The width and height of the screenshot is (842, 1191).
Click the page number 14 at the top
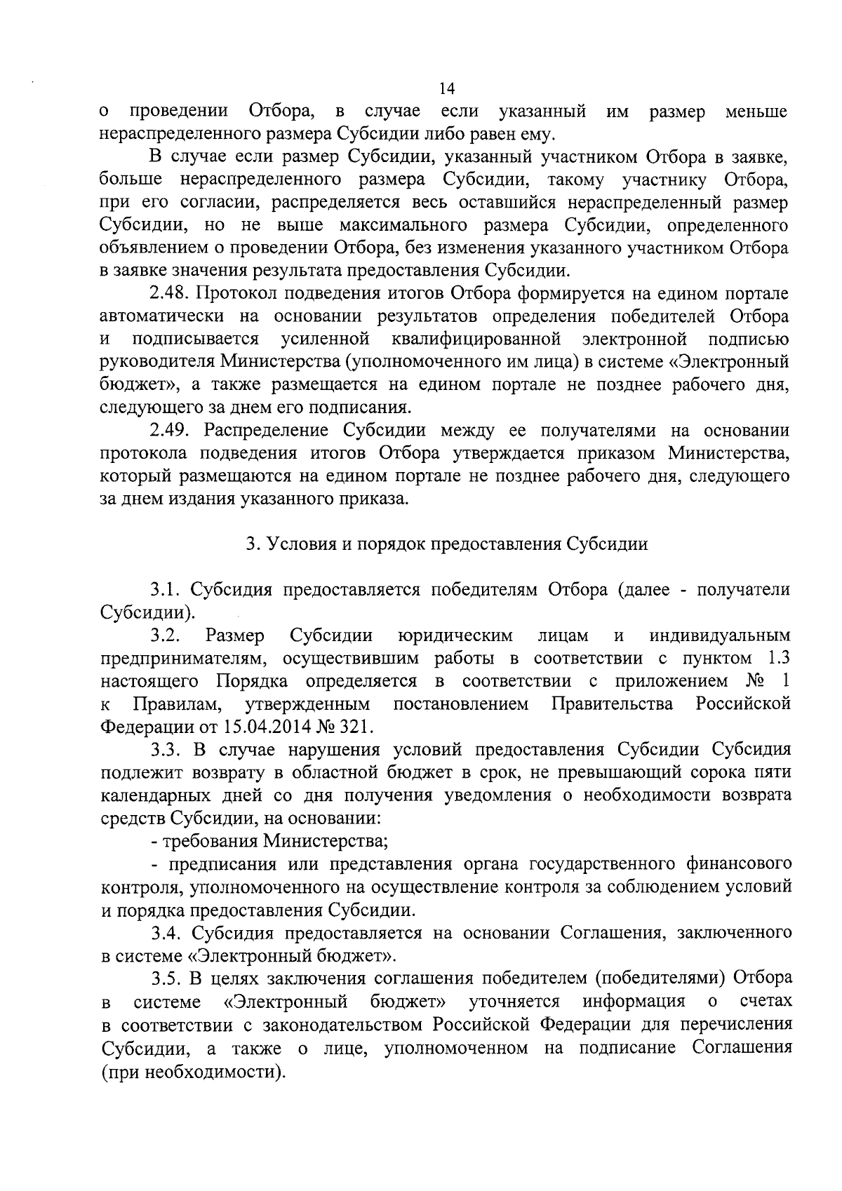point(446,89)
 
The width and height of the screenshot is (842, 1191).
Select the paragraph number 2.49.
point(170,431)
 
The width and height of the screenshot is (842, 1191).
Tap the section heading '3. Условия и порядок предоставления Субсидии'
point(446,544)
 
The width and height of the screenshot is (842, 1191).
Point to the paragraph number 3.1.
point(166,590)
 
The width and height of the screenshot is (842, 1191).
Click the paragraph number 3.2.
point(166,635)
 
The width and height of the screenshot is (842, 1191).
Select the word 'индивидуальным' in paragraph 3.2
point(720,635)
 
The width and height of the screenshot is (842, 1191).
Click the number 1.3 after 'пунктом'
point(776,659)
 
